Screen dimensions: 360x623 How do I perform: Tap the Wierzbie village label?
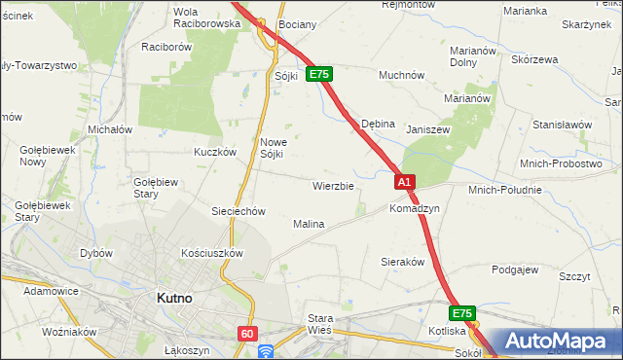coord(333,185)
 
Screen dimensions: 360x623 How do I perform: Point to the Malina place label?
coord(309,224)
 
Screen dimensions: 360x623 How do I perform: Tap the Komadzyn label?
coord(415,208)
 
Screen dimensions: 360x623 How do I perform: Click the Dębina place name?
coord(378,125)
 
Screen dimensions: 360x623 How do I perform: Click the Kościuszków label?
coord(212,252)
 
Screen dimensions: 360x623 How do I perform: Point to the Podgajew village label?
coord(516,270)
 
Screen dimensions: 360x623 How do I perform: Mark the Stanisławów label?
coord(563,125)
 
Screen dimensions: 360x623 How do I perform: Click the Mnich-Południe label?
coord(504,190)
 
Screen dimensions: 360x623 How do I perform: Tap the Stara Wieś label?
coord(320,324)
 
